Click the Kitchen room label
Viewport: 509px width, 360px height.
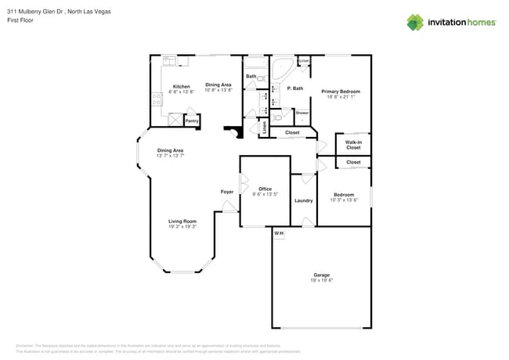tap(181, 86)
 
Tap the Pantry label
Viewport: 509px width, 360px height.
tap(191, 121)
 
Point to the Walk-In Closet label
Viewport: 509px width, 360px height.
tap(353, 145)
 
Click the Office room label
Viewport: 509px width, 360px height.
tap(265, 189)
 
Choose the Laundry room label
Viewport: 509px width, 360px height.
tap(304, 200)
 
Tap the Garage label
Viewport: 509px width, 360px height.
tap(321, 275)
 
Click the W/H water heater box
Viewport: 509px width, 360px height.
tap(278, 233)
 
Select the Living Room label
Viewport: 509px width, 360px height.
tap(182, 221)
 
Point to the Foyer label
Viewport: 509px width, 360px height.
tap(227, 192)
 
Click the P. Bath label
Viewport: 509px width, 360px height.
tap(294, 88)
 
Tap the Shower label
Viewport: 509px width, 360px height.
tap(302, 113)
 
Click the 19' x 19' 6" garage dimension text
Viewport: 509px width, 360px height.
tap(321, 280)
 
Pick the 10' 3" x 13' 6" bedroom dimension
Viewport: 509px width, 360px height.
tap(344, 200)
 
